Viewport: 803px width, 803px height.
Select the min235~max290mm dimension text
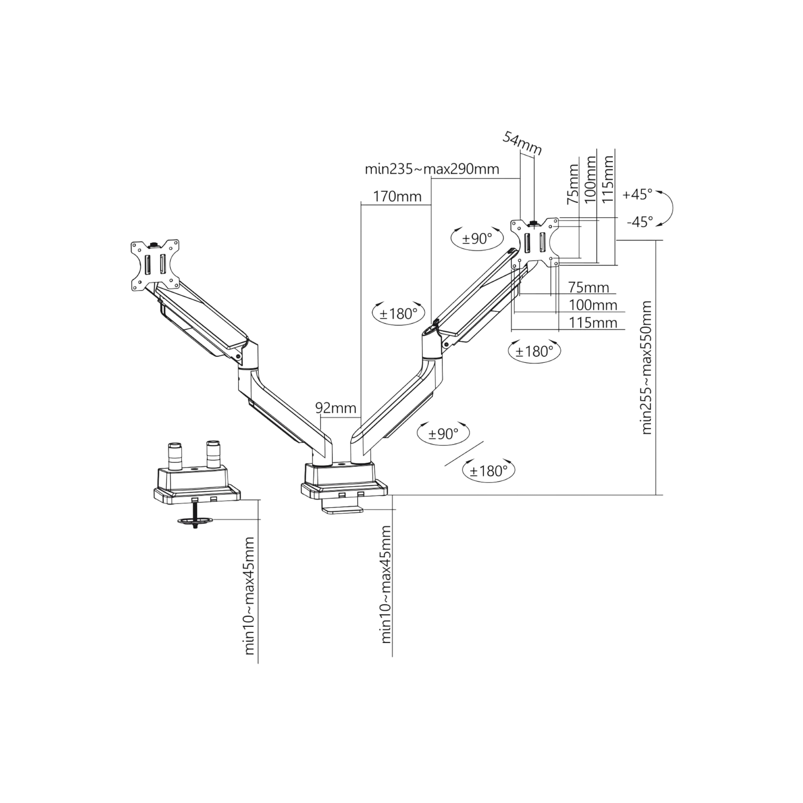click(431, 170)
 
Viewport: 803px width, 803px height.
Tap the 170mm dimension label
click(397, 196)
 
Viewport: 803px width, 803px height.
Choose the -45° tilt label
click(640, 221)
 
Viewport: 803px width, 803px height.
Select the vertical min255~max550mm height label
click(646, 367)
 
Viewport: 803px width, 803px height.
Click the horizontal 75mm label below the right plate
click(588, 287)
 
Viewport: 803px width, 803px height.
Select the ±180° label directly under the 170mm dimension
click(398, 313)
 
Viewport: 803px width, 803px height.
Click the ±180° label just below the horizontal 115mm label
click(535, 351)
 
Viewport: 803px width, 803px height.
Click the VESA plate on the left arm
click(156, 264)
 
